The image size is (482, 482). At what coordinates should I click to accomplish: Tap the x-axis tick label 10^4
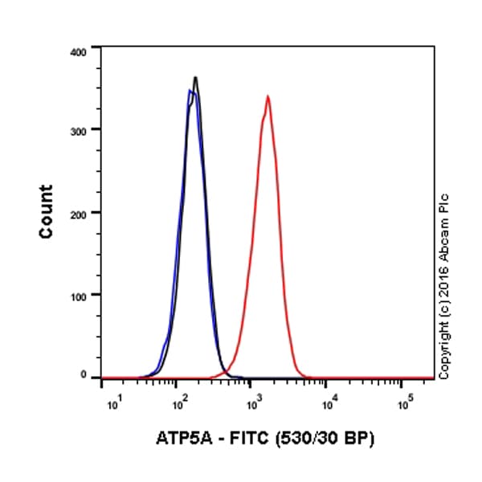pyautogui.click(x=329, y=398)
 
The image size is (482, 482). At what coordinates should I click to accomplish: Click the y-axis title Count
pyautogui.click(x=47, y=211)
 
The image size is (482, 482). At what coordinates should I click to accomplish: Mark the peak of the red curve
pyautogui.click(x=268, y=96)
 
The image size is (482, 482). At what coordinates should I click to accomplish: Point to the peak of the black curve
pyautogui.click(x=195, y=77)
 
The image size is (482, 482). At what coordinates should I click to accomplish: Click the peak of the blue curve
pyautogui.click(x=190, y=91)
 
